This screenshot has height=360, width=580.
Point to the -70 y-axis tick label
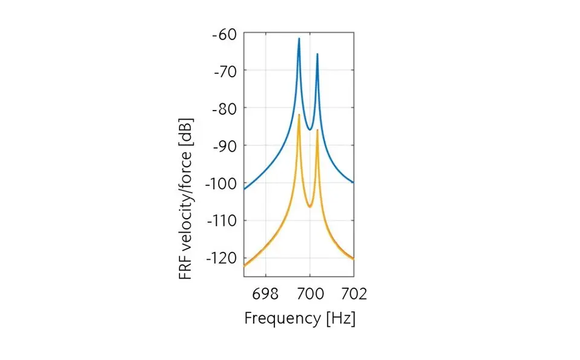(224, 71)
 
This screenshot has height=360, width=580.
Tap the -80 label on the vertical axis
(224, 108)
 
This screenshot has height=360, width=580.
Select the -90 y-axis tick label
(224, 146)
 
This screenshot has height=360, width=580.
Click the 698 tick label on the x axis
(265, 294)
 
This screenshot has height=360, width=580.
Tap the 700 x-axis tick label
(310, 294)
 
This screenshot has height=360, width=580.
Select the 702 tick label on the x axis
(353, 294)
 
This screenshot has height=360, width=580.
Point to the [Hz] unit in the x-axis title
(341, 318)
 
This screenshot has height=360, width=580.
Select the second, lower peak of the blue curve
(317, 54)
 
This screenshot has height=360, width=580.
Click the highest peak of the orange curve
(298, 115)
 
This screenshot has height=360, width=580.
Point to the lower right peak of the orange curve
(317, 130)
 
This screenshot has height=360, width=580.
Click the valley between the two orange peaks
(309, 207)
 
